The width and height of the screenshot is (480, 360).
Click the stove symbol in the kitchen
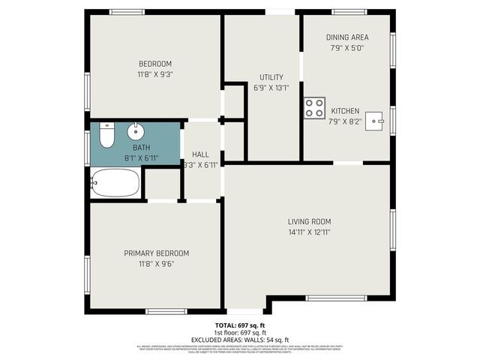pyautogui.click(x=314, y=108)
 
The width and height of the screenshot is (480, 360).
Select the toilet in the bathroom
pyautogui.click(x=106, y=135)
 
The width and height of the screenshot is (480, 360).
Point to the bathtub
pyautogui.click(x=115, y=182)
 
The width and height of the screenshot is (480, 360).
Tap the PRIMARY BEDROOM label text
pyautogui.click(x=156, y=253)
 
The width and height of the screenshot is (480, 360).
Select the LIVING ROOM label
pyautogui.click(x=309, y=221)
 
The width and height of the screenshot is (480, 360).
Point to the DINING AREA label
pyautogui.click(x=346, y=37)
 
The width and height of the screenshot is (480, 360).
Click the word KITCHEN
pyautogui.click(x=345, y=110)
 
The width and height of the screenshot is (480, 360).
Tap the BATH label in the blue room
pyautogui.click(x=141, y=148)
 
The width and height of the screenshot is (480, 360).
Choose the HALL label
pyautogui.click(x=200, y=154)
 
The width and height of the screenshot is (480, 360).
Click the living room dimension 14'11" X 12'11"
pyautogui.click(x=309, y=232)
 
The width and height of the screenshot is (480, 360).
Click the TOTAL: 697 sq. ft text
pyautogui.click(x=240, y=325)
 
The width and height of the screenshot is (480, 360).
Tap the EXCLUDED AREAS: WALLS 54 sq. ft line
pyautogui.click(x=240, y=339)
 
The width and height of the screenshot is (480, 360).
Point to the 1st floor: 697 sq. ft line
pyautogui.click(x=240, y=332)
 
